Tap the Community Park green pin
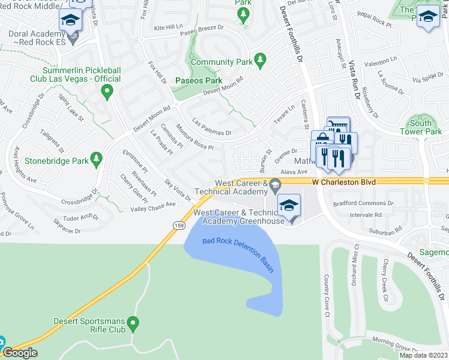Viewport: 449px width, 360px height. (x=260, y=59)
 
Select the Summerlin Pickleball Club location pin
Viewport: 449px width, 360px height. (x=107, y=92)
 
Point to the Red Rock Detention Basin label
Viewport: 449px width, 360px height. (x=238, y=255)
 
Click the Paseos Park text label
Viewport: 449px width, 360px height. (x=198, y=80)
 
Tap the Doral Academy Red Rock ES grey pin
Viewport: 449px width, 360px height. (x=73, y=40)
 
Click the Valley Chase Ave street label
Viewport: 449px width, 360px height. (x=153, y=207)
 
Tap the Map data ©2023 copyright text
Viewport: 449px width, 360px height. (x=423, y=355)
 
